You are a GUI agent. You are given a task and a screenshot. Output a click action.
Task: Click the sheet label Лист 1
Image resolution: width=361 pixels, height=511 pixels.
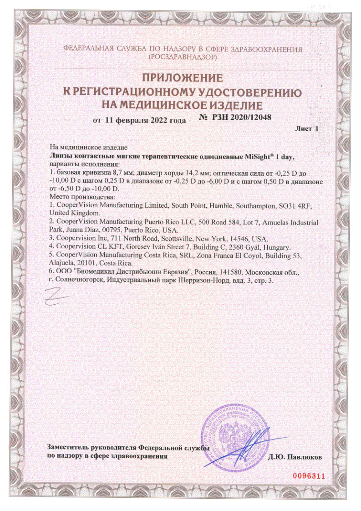(x=307, y=129)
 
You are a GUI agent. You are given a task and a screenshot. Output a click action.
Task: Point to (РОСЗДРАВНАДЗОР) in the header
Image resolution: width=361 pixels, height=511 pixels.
(x=182, y=58)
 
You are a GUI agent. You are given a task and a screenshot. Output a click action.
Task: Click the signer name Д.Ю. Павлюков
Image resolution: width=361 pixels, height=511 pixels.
(x=295, y=456)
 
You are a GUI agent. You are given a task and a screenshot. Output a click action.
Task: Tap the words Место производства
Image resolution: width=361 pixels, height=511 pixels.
(x=80, y=197)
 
